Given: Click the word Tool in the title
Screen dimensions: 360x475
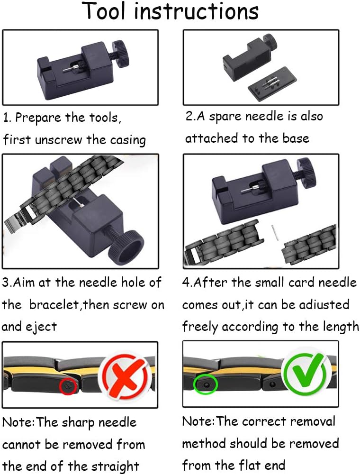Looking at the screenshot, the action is coord(104,11).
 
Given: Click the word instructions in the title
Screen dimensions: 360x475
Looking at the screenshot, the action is coord(196,11).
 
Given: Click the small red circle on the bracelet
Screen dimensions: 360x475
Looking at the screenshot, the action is coord(68,386).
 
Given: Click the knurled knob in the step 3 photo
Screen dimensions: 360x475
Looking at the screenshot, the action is coord(126,246).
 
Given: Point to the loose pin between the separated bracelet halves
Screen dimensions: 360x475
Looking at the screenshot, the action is coord(275,233).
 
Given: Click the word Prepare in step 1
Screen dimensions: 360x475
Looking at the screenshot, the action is coord(38,118).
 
